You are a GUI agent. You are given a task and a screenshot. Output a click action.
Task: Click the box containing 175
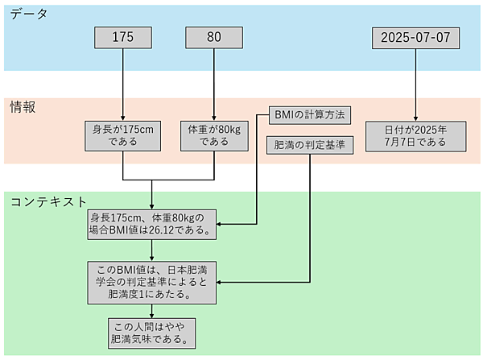tap(122, 37)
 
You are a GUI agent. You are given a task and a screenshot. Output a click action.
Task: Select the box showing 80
tap(213, 37)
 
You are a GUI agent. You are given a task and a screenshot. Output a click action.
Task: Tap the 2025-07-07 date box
tap(415, 37)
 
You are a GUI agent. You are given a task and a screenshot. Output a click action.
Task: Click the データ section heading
tap(28, 14)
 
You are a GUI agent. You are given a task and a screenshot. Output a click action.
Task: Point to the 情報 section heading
tap(22, 106)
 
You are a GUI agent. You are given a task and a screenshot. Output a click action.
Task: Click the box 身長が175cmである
tap(122, 134)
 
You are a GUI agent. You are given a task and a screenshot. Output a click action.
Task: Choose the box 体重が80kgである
tap(213, 134)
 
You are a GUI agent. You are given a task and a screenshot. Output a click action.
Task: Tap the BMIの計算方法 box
tap(309, 115)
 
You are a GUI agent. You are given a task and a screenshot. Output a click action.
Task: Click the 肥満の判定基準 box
tap(309, 146)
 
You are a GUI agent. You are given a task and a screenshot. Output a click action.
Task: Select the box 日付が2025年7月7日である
tap(415, 134)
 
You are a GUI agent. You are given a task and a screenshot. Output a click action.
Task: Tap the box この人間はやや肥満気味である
tap(152, 332)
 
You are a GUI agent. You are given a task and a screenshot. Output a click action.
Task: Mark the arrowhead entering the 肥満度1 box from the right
tap(223, 283)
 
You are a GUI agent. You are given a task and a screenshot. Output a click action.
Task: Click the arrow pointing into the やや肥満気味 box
tap(152, 311)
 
